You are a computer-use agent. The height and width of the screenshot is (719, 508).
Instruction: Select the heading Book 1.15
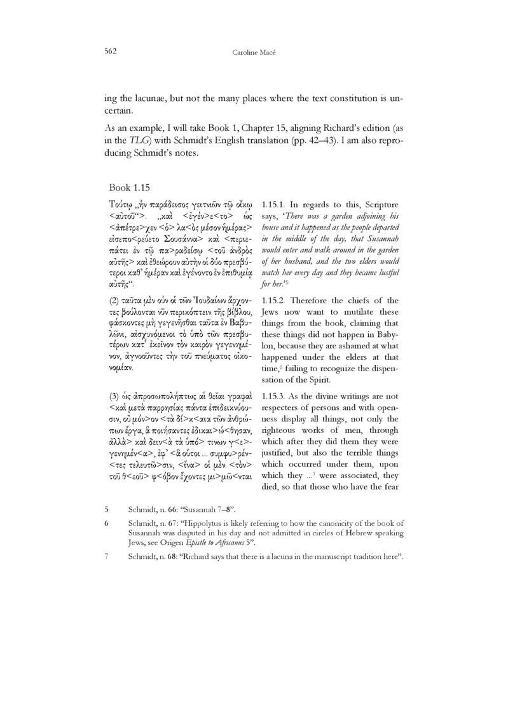(129, 188)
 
